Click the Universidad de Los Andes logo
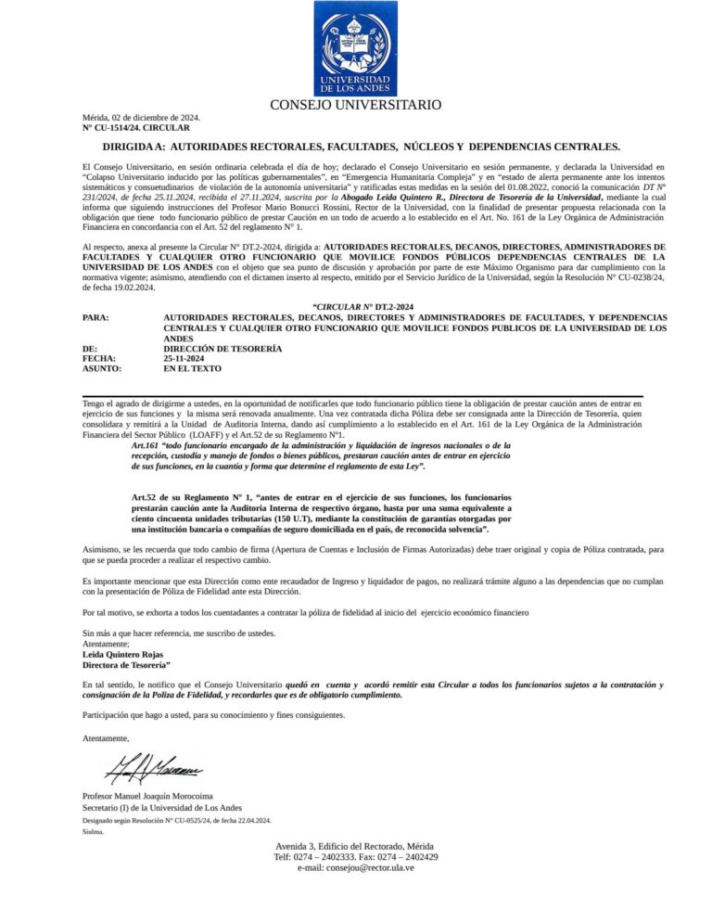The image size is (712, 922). click(355, 48)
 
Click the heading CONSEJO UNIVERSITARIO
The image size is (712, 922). click(355, 106)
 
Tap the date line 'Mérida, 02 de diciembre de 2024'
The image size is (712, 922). click(141, 118)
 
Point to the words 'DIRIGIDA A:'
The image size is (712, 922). click(133, 147)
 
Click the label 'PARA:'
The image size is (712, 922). click(95, 317)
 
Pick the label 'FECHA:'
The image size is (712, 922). click(98, 358)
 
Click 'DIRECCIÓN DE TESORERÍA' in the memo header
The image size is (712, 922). click(222, 348)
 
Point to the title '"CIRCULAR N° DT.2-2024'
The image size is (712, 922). click(362, 306)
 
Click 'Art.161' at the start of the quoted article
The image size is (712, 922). click(146, 445)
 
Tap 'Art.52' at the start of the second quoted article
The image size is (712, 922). click(146, 499)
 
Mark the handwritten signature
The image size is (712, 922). click(154, 769)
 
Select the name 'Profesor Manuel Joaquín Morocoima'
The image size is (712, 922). click(147, 796)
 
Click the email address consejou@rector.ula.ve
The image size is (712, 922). click(355, 867)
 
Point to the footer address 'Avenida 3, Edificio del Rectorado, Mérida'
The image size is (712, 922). click(355, 847)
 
